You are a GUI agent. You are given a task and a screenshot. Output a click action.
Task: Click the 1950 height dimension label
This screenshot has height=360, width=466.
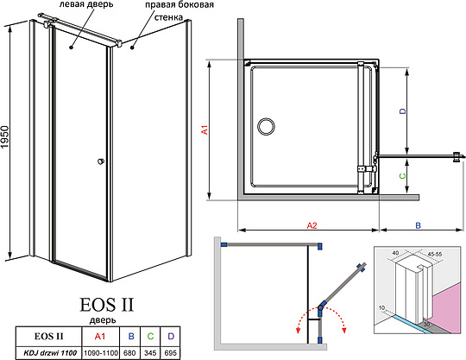5,137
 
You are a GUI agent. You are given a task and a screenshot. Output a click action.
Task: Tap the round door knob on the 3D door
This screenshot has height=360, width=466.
101,161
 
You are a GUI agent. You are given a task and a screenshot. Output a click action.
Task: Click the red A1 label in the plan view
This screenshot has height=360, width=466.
205,129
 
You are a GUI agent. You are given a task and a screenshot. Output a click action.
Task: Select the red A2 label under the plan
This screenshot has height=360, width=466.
312,225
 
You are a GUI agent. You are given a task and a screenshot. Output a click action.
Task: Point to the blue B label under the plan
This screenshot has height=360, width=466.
418,225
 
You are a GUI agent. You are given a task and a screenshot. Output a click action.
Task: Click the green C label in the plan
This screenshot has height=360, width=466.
402,176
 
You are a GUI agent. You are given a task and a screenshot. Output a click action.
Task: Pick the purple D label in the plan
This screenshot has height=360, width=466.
402,111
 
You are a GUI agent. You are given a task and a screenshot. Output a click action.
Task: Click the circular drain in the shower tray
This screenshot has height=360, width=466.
266,126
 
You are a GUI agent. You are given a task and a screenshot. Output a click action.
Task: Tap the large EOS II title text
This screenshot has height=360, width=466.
107,305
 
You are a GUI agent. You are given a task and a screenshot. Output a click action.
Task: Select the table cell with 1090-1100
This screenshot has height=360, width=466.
100,353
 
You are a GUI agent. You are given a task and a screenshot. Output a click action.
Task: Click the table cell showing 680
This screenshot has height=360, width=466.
129,353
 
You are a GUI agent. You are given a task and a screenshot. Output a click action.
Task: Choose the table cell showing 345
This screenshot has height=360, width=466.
150,353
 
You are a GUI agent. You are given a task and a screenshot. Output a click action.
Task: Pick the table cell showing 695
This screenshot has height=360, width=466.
170,353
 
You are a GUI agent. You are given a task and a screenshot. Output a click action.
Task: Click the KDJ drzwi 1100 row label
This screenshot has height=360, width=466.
49,353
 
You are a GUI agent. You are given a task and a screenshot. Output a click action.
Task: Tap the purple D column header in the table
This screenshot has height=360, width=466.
171,336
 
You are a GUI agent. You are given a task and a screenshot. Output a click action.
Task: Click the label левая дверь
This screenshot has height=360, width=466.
86,5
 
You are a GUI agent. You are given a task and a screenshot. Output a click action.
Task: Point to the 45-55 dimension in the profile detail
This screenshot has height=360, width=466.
434,254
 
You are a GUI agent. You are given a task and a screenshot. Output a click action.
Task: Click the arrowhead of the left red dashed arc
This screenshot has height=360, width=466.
298,332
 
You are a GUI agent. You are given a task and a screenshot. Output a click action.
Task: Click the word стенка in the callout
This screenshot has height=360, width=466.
168,17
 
